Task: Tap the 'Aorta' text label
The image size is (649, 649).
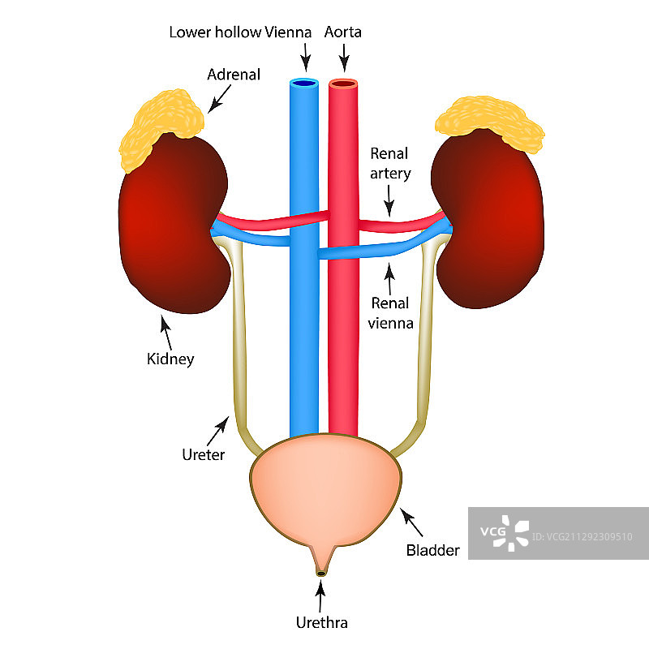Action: click(342, 32)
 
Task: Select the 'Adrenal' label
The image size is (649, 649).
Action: click(234, 75)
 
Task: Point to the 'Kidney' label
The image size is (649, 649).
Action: click(170, 358)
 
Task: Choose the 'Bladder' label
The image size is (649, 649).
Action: click(432, 550)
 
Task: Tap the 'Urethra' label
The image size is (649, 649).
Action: click(321, 623)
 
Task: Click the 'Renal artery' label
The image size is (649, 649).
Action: click(390, 163)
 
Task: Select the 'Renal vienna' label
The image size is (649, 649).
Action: click(393, 312)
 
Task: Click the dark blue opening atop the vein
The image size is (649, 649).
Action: click(304, 83)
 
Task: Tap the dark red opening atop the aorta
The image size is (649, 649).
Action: click(343, 83)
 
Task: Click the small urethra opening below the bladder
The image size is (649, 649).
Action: click(321, 574)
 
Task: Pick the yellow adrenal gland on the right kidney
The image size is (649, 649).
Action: click(490, 122)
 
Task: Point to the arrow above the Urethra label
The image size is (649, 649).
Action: click(321, 598)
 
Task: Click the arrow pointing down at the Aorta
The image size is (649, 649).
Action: click(344, 57)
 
